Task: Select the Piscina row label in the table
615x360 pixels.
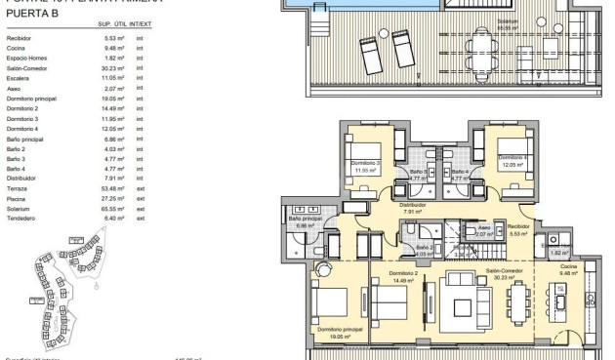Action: tap(19, 199)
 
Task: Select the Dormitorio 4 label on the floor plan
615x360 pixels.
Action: tap(512, 156)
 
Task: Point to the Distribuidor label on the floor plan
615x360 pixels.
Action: tap(412, 205)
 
